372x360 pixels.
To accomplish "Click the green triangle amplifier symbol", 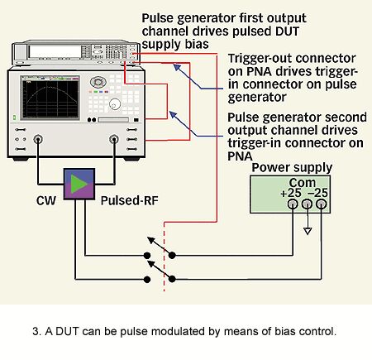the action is pos(78,184).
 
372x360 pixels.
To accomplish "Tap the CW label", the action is pos(46,200).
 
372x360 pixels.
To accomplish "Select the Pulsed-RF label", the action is pos(130,200).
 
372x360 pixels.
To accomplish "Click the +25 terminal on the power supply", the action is pos(293,204).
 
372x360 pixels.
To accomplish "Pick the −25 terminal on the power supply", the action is pos(321,204).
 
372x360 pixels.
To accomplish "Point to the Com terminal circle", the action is pos(307,204).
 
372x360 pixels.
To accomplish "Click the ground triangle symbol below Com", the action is pos(308,231).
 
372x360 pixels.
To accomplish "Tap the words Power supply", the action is pos(292,168).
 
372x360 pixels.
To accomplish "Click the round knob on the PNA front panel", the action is pos(115,104).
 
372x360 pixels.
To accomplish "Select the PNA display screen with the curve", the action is pos(50,98).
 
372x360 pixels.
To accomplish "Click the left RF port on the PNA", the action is pos(38,139).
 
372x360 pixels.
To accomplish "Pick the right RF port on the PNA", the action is pos(114,139).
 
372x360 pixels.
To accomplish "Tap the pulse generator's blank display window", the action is pos(55,52).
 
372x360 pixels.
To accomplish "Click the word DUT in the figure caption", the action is pos(64,331).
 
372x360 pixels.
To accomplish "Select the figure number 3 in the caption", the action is pos(36,331).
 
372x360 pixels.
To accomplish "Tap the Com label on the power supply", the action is pos(303,183).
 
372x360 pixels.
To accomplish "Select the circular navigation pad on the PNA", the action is pos(98,82).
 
